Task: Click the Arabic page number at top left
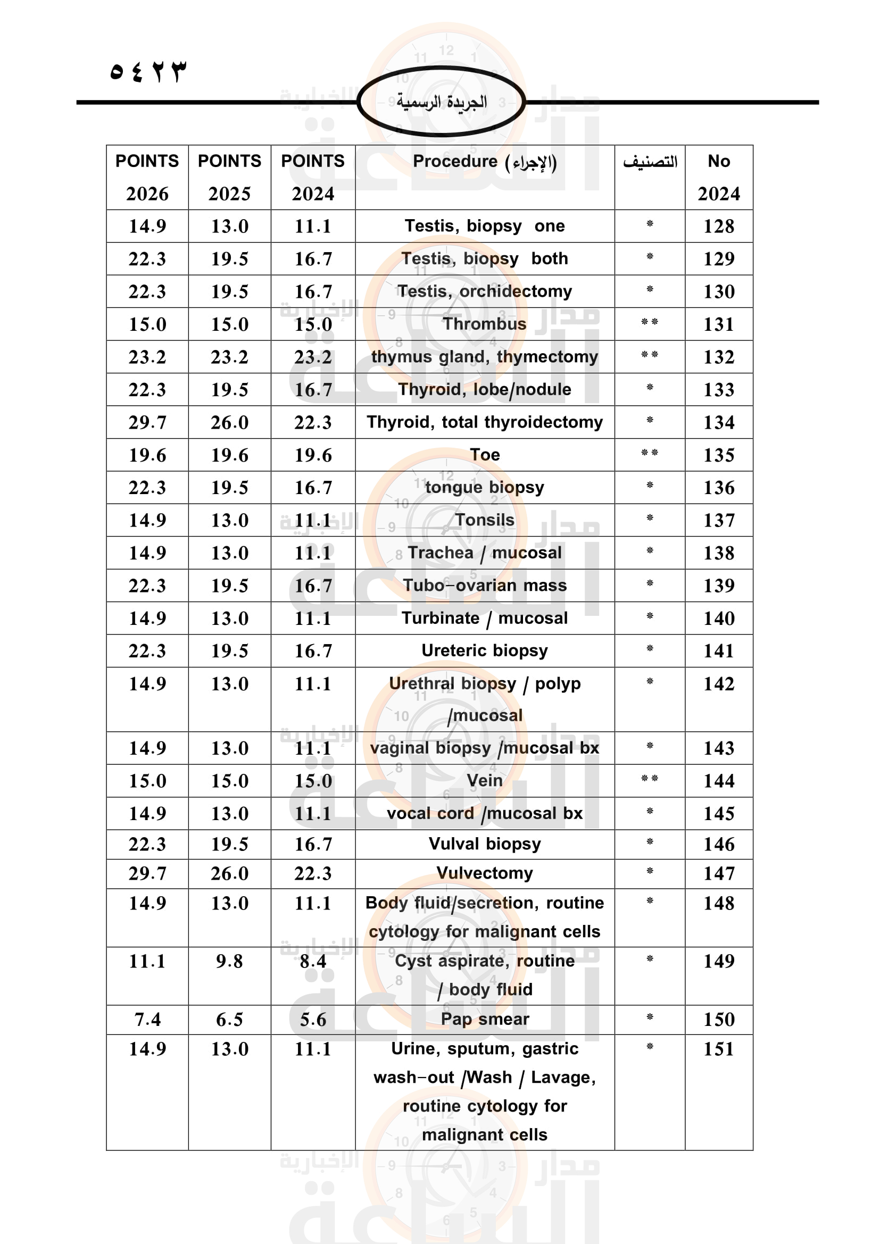pyautogui.click(x=148, y=71)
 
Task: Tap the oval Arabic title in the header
pyautogui.click(x=441, y=102)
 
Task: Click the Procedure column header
pyautogui.click(x=485, y=162)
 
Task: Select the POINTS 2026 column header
pyautogui.click(x=147, y=177)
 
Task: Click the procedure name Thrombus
pyautogui.click(x=485, y=324)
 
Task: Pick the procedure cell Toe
pyautogui.click(x=485, y=455)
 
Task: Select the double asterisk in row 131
pyautogui.click(x=649, y=323)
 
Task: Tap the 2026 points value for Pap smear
pyautogui.click(x=147, y=1020)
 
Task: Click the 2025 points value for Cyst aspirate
pyautogui.click(x=229, y=961)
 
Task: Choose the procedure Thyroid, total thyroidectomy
pyautogui.click(x=485, y=422)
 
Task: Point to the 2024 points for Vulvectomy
pyautogui.click(x=313, y=873)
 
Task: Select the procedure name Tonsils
pyautogui.click(x=485, y=520)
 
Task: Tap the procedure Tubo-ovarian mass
pyautogui.click(x=485, y=585)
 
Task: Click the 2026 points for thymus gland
pyautogui.click(x=147, y=357)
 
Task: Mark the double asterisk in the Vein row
pyautogui.click(x=649, y=779)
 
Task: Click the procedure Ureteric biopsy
pyautogui.click(x=485, y=650)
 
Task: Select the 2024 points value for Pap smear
pyautogui.click(x=313, y=1020)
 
